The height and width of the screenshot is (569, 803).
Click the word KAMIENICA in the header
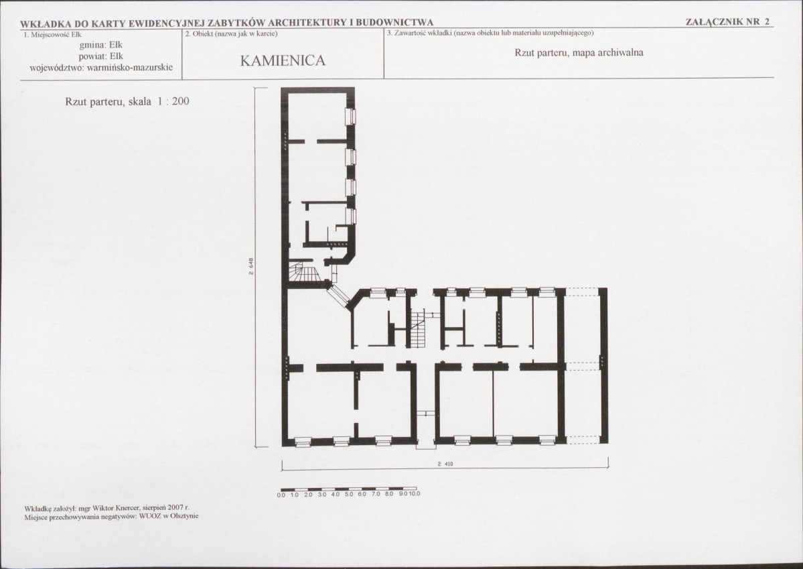point(283,60)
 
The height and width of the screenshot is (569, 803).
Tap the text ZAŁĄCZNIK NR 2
point(727,21)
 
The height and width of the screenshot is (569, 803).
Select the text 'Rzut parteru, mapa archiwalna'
point(579,52)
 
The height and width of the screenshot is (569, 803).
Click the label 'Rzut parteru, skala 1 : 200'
point(127,101)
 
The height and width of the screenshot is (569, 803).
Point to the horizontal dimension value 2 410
point(445,464)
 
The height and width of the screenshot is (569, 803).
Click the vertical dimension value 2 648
point(251,267)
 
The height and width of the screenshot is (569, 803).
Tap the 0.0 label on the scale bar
point(281,494)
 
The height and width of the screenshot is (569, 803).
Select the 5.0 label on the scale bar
point(348,494)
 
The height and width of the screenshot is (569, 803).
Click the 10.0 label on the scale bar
point(415,494)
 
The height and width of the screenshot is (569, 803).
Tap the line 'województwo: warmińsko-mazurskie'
point(101,68)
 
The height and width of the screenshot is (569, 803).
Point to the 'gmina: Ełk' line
point(101,45)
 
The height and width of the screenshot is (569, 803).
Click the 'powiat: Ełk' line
point(101,56)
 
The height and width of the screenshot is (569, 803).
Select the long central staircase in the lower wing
point(418,328)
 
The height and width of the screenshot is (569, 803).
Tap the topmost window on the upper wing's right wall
point(350,117)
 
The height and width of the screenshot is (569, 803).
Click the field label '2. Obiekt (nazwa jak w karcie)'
point(231,34)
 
